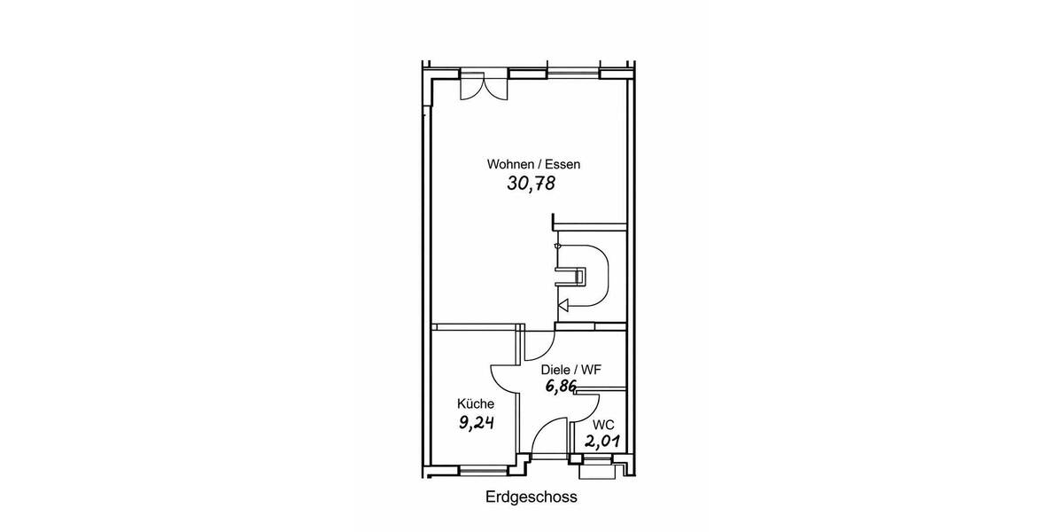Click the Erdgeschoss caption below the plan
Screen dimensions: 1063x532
click(531, 497)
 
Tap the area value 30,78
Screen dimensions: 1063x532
click(531, 184)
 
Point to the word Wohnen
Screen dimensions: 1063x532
click(510, 164)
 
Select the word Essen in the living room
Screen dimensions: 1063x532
click(563, 164)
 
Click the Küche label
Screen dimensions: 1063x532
click(476, 403)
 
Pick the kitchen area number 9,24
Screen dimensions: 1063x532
click(476, 422)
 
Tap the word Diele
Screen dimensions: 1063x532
click(555, 370)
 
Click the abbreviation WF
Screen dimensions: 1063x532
click(591, 370)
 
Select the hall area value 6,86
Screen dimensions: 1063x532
click(561, 386)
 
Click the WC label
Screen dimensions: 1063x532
click(603, 425)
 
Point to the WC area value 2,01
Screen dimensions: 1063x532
click(602, 442)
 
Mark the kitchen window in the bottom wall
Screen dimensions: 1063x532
click(484, 471)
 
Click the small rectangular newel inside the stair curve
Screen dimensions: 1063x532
click(580, 276)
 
